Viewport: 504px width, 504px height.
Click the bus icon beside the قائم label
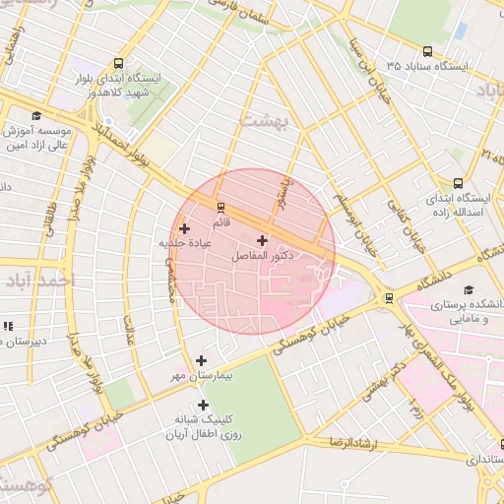click(220, 208)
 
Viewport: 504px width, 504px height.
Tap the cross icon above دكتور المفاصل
click(262, 240)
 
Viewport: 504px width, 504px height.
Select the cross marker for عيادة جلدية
click(184, 228)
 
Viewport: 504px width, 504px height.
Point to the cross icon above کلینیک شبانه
click(203, 405)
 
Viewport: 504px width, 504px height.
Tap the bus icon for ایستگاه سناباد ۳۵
click(426, 51)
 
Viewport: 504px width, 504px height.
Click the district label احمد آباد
click(38, 282)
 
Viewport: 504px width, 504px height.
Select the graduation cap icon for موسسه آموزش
click(36, 115)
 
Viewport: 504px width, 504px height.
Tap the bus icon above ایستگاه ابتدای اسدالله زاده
click(458, 183)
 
